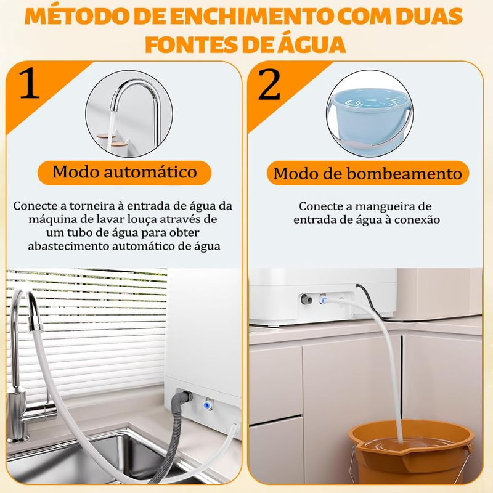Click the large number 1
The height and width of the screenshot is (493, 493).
click(30, 85)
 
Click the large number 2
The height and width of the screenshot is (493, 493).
click(269, 86)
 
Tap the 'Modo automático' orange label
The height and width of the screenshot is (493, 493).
click(124, 171)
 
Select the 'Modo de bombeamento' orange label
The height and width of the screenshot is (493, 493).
click(367, 174)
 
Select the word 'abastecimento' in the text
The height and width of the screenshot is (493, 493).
click(67, 245)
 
